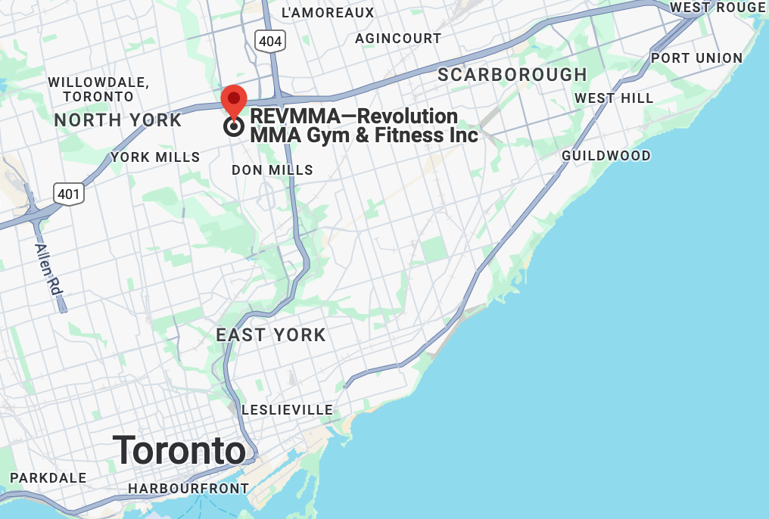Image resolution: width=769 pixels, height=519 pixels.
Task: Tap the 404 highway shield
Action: click(x=269, y=41)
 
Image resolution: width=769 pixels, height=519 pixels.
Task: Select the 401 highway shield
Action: click(x=68, y=194)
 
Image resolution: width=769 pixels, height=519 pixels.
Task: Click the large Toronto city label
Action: click(x=179, y=451)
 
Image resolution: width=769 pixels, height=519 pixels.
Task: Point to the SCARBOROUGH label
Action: click(x=512, y=75)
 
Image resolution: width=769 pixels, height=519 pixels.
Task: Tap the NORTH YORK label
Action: click(x=118, y=120)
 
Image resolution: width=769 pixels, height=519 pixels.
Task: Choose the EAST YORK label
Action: click(x=271, y=334)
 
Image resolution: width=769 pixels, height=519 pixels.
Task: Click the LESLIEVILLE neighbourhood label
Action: click(x=288, y=410)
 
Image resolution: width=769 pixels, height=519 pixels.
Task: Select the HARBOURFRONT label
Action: click(x=188, y=489)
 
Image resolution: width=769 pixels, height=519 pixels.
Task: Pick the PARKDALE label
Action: click(x=48, y=478)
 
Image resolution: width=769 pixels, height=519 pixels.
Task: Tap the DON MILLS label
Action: click(x=272, y=170)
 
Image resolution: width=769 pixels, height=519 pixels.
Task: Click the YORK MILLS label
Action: click(x=155, y=157)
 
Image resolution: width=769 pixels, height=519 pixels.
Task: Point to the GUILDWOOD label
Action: click(x=606, y=156)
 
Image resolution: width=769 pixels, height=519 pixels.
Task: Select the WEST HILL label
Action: click(x=614, y=98)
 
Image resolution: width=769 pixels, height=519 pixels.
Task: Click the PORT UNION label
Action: click(x=697, y=58)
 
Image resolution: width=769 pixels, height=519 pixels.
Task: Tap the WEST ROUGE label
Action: click(x=718, y=8)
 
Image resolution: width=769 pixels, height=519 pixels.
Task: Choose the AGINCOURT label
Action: click(x=398, y=38)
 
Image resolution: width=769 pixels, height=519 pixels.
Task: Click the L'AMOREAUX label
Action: click(x=328, y=13)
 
